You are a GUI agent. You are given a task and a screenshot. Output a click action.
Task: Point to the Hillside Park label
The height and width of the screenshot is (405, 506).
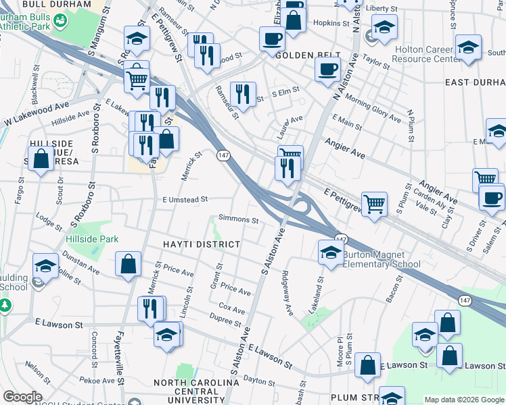(x=92, y=239)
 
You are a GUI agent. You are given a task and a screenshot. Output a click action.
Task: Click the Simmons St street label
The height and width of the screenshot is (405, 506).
(x=238, y=220)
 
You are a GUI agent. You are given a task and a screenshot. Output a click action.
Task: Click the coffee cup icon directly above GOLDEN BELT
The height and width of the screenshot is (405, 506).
(x=272, y=38)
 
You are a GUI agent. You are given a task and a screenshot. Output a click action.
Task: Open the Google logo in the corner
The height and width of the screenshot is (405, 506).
(x=22, y=397)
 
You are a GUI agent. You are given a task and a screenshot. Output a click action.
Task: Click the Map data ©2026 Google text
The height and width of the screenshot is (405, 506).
(x=463, y=400)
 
